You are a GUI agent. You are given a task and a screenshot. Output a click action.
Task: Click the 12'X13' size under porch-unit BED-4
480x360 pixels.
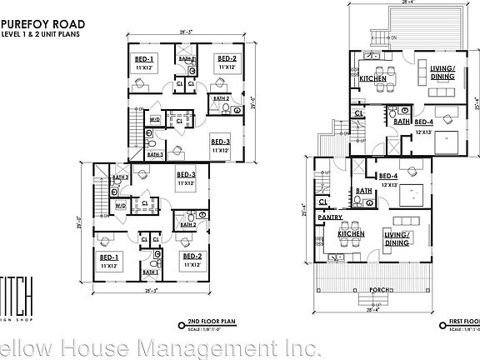click(389, 183)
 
